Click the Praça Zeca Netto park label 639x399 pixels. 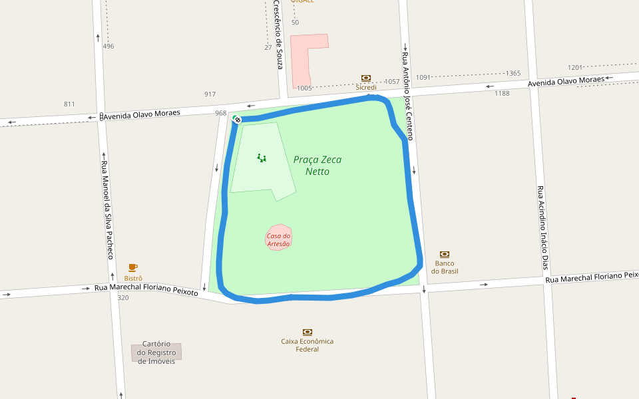pyautogui.click(x=317, y=166)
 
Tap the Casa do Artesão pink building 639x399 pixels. pyautogui.click(x=279, y=238)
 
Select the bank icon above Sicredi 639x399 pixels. pyautogui.click(x=365, y=78)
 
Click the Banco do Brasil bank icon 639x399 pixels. pyautogui.click(x=445, y=254)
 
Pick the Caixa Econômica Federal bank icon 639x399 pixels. pyautogui.click(x=308, y=332)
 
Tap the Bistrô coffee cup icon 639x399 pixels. pyautogui.click(x=133, y=267)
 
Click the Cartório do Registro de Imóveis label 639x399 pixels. pyautogui.click(x=156, y=352)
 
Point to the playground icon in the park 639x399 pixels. pyautogui.click(x=262, y=158)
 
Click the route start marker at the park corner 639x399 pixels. pyautogui.click(x=236, y=119)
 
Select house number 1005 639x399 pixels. pyautogui.click(x=304, y=88)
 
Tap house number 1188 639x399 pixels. pyautogui.click(x=502, y=93)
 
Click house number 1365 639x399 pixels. pyautogui.click(x=513, y=73)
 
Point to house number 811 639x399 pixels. pyautogui.click(x=69, y=104)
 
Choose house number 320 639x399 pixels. pyautogui.click(x=123, y=298)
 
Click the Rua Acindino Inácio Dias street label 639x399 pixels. pyautogui.click(x=542, y=226)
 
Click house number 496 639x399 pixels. pyautogui.click(x=108, y=47)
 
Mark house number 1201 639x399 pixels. pyautogui.click(x=575, y=68)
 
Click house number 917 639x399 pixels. pyautogui.click(x=210, y=94)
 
